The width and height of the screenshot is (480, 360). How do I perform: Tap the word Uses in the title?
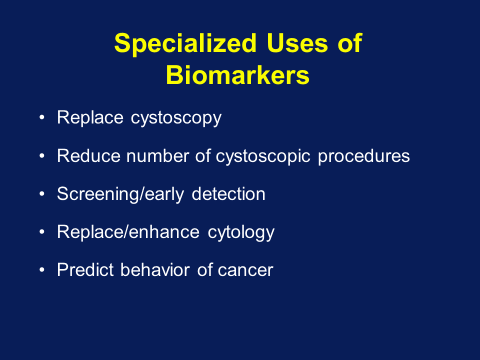coord(297,43)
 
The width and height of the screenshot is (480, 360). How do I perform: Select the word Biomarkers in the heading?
coord(237,75)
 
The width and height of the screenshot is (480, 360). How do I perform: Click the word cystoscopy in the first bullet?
coord(176,118)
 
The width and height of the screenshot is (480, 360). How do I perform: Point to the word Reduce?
coord(88,155)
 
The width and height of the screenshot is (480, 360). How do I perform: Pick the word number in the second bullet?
coord(157,155)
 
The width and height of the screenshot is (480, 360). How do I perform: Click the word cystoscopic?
coord(263,156)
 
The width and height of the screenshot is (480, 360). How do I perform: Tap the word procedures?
coord(363,156)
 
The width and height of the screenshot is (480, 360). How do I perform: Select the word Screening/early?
coord(120,194)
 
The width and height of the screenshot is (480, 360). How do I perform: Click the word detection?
coord(228,194)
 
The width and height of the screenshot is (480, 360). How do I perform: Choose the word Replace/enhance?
coord(128,231)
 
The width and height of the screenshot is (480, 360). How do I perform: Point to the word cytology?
coord(241,232)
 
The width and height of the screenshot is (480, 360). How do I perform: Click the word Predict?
coord(85,269)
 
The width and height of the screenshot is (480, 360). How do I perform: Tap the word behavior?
coord(155,269)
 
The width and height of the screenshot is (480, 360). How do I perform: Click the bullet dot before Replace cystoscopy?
coord(42,117)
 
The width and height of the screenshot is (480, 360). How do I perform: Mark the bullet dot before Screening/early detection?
coord(42,194)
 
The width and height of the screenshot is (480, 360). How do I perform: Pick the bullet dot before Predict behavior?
coord(42,269)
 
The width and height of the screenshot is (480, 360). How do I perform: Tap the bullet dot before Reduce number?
coord(42,156)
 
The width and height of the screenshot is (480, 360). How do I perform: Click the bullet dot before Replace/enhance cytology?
coord(42,231)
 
